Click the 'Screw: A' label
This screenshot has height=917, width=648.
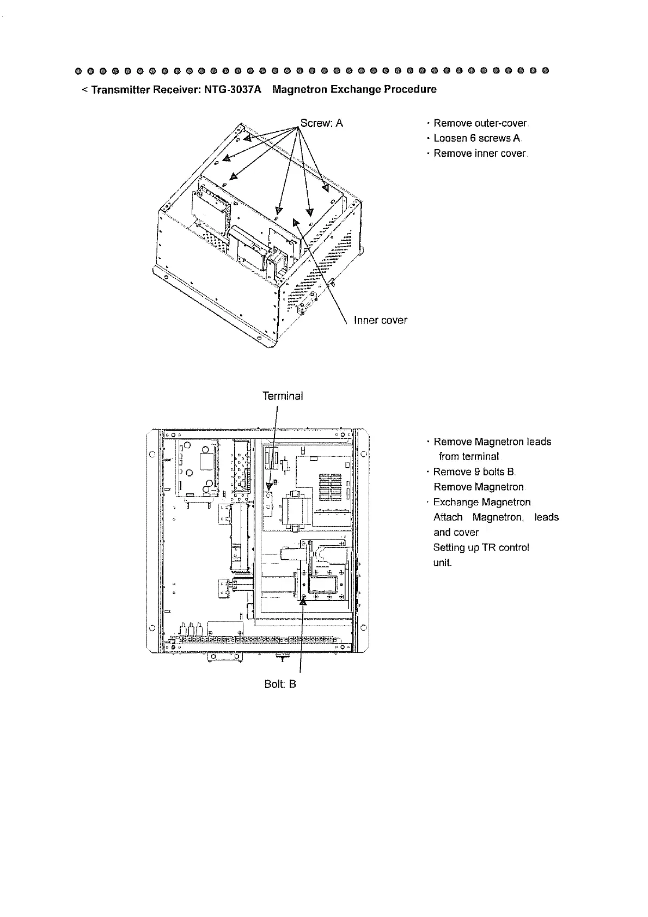pyautogui.click(x=321, y=123)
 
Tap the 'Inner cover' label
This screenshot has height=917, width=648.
pyautogui.click(x=380, y=320)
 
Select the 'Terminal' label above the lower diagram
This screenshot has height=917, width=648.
pyautogui.click(x=283, y=396)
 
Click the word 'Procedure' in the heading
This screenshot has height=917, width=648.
pyautogui.click(x=410, y=89)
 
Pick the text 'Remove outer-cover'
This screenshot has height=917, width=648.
pyautogui.click(x=480, y=124)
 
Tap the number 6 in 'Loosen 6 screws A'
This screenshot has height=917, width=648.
pyautogui.click(x=473, y=138)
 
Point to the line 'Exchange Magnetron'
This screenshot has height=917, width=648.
pyautogui.click(x=481, y=502)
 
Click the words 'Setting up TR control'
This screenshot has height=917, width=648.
pyautogui.click(x=481, y=547)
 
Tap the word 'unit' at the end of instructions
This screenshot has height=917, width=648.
pyautogui.click(x=442, y=563)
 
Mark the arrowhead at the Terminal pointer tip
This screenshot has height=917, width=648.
pyautogui.click(x=269, y=486)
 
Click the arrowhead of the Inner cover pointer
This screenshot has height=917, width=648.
pyautogui.click(x=296, y=222)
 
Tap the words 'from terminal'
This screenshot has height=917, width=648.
pyautogui.click(x=469, y=456)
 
